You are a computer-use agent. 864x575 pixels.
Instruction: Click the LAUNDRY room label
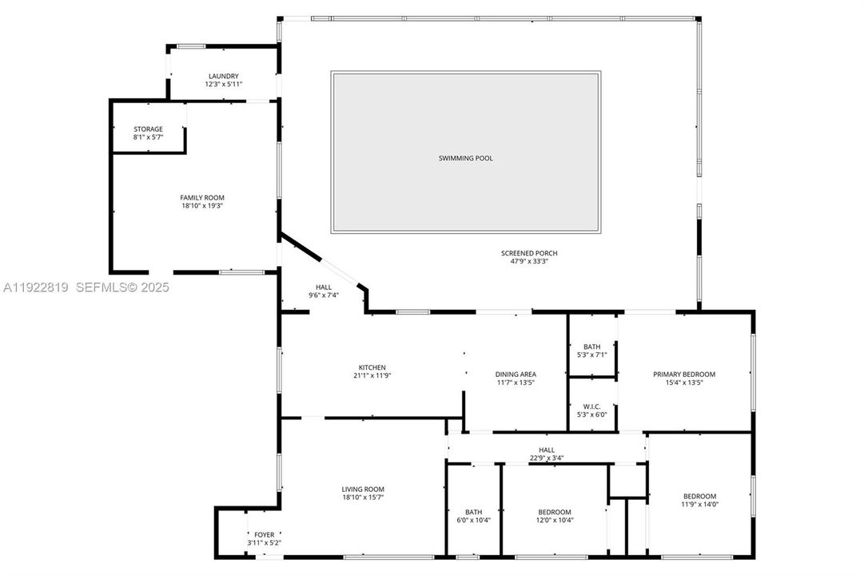[x=224, y=77]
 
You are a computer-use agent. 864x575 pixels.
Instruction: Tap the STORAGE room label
[x=148, y=129]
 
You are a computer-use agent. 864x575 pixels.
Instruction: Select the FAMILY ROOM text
[x=202, y=197]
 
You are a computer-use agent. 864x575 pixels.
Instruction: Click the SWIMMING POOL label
[x=466, y=158]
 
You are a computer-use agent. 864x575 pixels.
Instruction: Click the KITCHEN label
[x=372, y=367]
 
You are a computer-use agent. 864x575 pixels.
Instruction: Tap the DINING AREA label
[x=516, y=374]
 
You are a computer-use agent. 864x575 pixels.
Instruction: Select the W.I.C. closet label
[x=592, y=406]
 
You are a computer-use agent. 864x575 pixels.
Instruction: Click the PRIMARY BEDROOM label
[x=684, y=374]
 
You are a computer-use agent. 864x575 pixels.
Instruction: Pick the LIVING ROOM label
[x=364, y=490]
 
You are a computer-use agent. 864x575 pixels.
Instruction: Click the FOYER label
[x=264, y=535]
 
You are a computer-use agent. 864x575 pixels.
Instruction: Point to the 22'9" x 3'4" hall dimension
[x=547, y=458]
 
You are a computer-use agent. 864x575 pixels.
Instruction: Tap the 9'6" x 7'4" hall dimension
[x=324, y=295]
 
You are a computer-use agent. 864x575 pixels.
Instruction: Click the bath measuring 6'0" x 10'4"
[x=474, y=517]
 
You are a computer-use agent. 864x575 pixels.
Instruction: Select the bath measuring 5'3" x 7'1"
[x=592, y=351]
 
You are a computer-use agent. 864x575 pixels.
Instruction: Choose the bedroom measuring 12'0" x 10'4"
[x=555, y=517]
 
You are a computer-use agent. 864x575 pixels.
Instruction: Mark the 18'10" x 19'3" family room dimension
[x=202, y=205]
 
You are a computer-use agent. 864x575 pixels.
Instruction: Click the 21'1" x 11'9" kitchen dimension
[x=372, y=375]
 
